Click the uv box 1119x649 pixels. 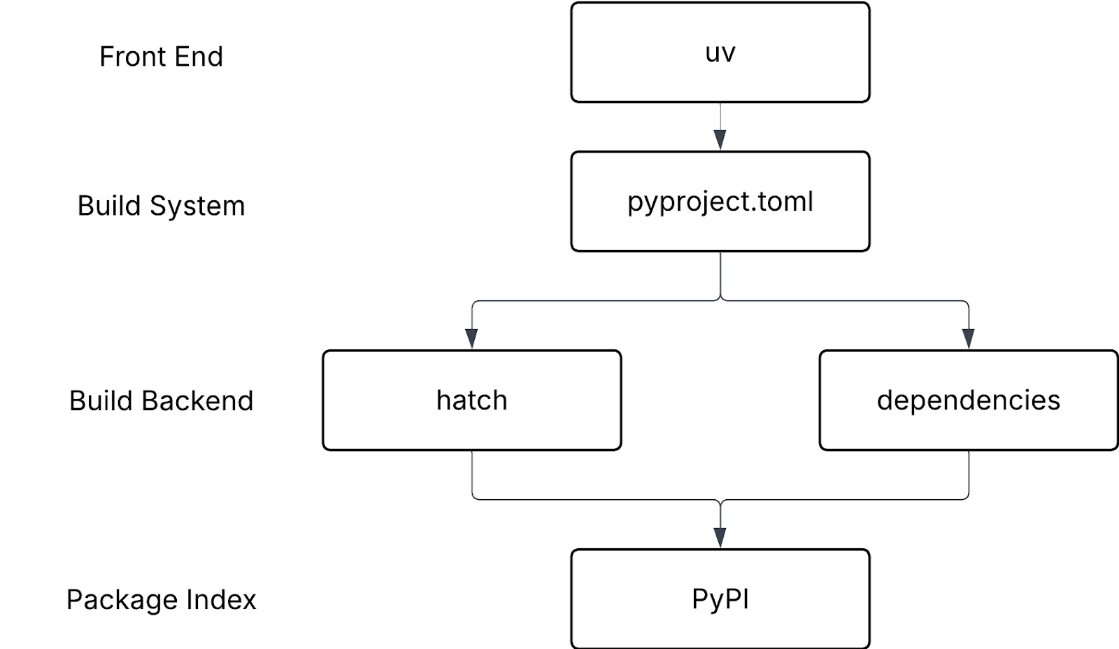point(720,53)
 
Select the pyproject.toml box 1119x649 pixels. point(720,202)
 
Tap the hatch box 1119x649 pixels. point(472,400)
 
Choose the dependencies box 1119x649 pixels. point(969,400)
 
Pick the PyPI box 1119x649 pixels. point(720,599)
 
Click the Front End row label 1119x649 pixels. point(161,57)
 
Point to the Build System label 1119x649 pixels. point(161,206)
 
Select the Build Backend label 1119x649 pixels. point(161,400)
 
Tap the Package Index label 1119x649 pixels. point(161,599)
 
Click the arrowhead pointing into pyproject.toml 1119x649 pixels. point(720,140)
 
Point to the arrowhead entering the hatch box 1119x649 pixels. point(471,339)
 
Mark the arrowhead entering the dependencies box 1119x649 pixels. point(969,339)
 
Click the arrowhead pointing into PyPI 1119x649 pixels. point(720,538)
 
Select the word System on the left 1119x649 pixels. point(197,206)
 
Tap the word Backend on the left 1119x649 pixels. point(197,400)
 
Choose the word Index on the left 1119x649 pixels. point(221,599)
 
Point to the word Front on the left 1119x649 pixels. point(133,57)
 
